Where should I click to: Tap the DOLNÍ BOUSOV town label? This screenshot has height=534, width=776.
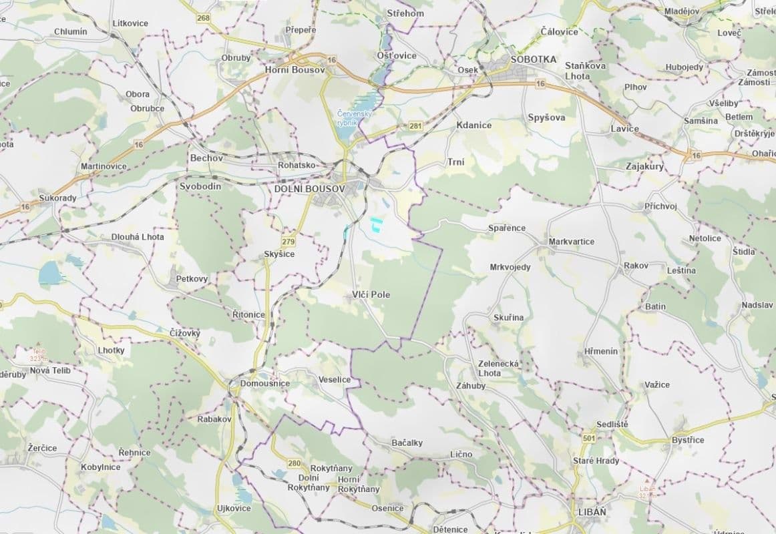click(309, 190)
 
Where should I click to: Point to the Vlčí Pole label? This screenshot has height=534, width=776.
click(371, 294)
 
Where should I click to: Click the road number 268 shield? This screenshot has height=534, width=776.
click(204, 18)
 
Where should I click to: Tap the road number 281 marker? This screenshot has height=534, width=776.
click(415, 126)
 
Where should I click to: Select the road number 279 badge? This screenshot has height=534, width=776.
click(288, 241)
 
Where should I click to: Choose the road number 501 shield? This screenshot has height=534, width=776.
click(588, 438)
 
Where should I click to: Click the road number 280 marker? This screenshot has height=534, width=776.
click(294, 463)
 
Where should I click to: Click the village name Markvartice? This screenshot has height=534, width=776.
click(571, 241)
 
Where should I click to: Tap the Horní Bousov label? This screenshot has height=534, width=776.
click(295, 70)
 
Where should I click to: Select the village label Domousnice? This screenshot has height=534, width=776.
click(264, 383)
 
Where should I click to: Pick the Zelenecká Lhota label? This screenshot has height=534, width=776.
click(499, 368)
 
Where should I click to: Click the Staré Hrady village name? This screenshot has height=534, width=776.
click(596, 461)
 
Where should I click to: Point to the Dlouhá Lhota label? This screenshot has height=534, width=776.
click(137, 236)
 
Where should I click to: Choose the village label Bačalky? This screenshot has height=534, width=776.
click(407, 442)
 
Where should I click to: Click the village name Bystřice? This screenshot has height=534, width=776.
click(688, 441)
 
